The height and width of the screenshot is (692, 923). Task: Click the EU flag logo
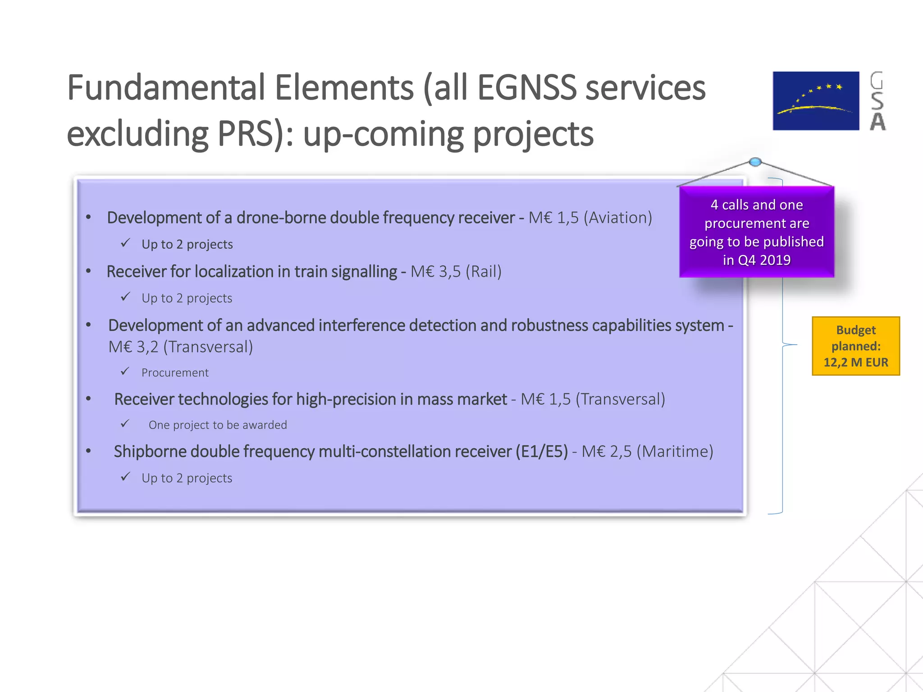(x=816, y=101)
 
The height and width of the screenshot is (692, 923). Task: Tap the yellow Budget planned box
(x=855, y=346)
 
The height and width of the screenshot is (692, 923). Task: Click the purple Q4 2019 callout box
(x=757, y=232)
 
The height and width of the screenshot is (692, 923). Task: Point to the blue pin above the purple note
(x=755, y=162)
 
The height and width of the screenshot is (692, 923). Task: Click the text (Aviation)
(x=618, y=218)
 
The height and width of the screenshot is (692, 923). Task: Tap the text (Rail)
(x=484, y=272)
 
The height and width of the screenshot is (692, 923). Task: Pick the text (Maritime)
(x=675, y=451)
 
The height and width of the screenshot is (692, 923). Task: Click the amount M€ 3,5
(x=435, y=272)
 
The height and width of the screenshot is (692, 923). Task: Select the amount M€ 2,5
(x=607, y=451)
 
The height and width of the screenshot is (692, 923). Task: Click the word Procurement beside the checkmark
(x=175, y=373)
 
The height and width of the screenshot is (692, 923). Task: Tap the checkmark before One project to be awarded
(x=125, y=424)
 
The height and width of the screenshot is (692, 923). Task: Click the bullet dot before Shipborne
(x=89, y=451)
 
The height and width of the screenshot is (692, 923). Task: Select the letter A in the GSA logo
(x=877, y=122)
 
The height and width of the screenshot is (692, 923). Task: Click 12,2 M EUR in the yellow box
(x=855, y=362)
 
